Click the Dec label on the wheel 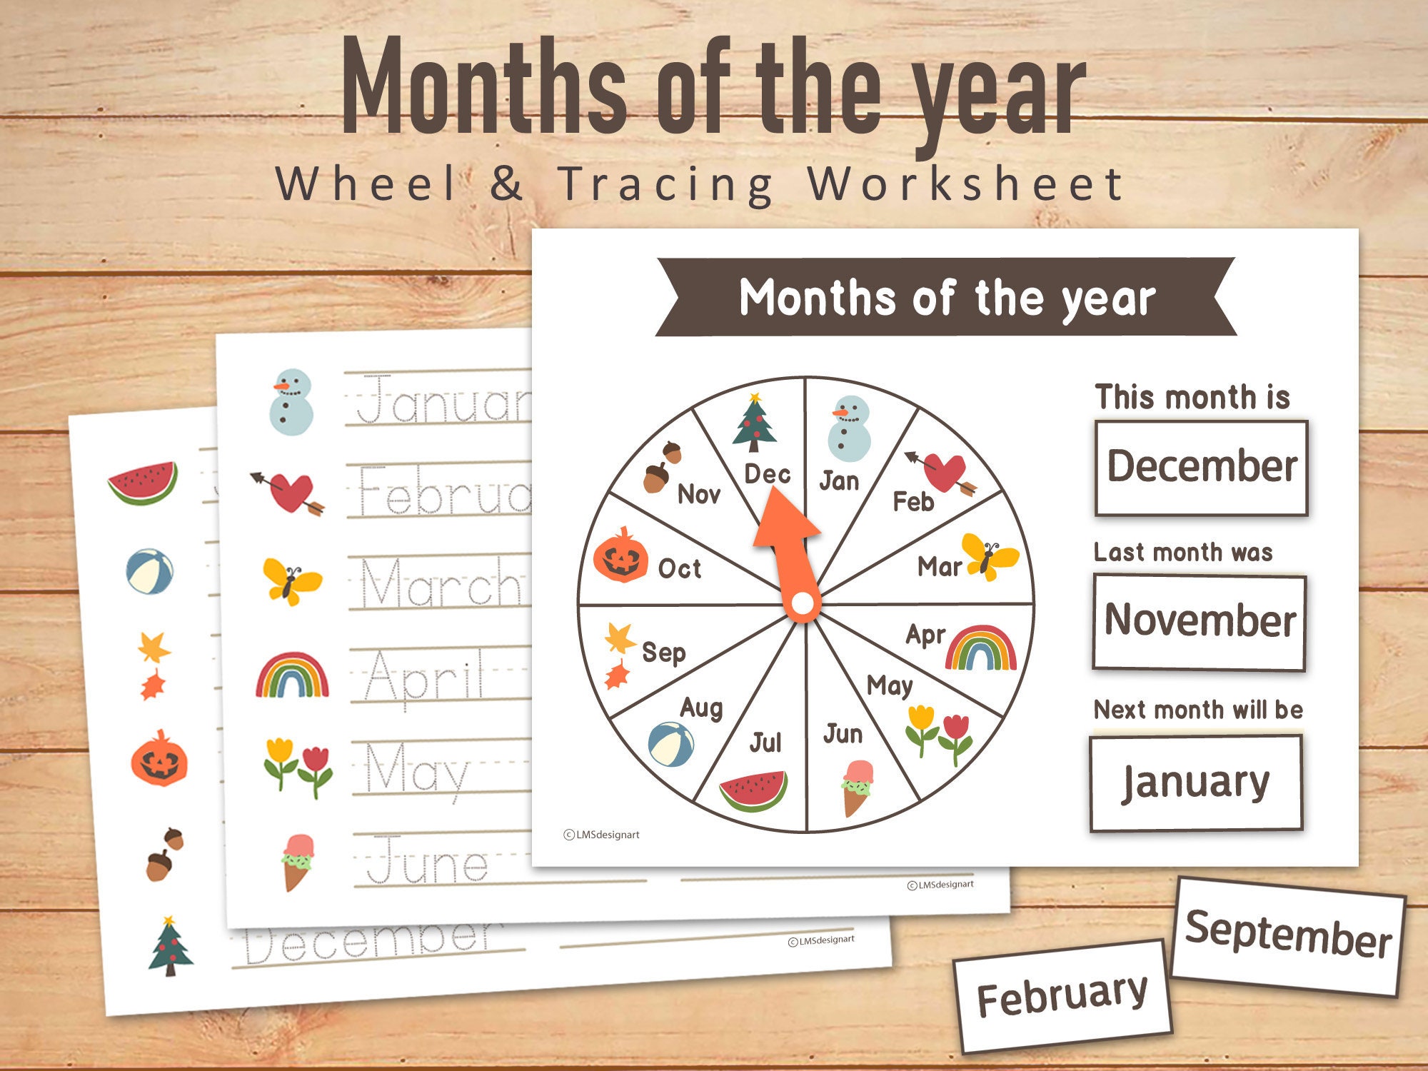[767, 474]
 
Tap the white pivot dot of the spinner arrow [803, 604]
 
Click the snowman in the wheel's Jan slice [848, 428]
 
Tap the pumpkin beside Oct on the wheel [620, 556]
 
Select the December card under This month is [1202, 468]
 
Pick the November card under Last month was [1200, 621]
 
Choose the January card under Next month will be [1196, 783]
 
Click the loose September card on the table [1288, 935]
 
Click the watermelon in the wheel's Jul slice [753, 790]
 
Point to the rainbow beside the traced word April [292, 675]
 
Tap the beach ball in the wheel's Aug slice [670, 744]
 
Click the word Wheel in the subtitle [366, 184]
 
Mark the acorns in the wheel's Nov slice [662, 467]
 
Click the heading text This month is [1192, 397]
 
